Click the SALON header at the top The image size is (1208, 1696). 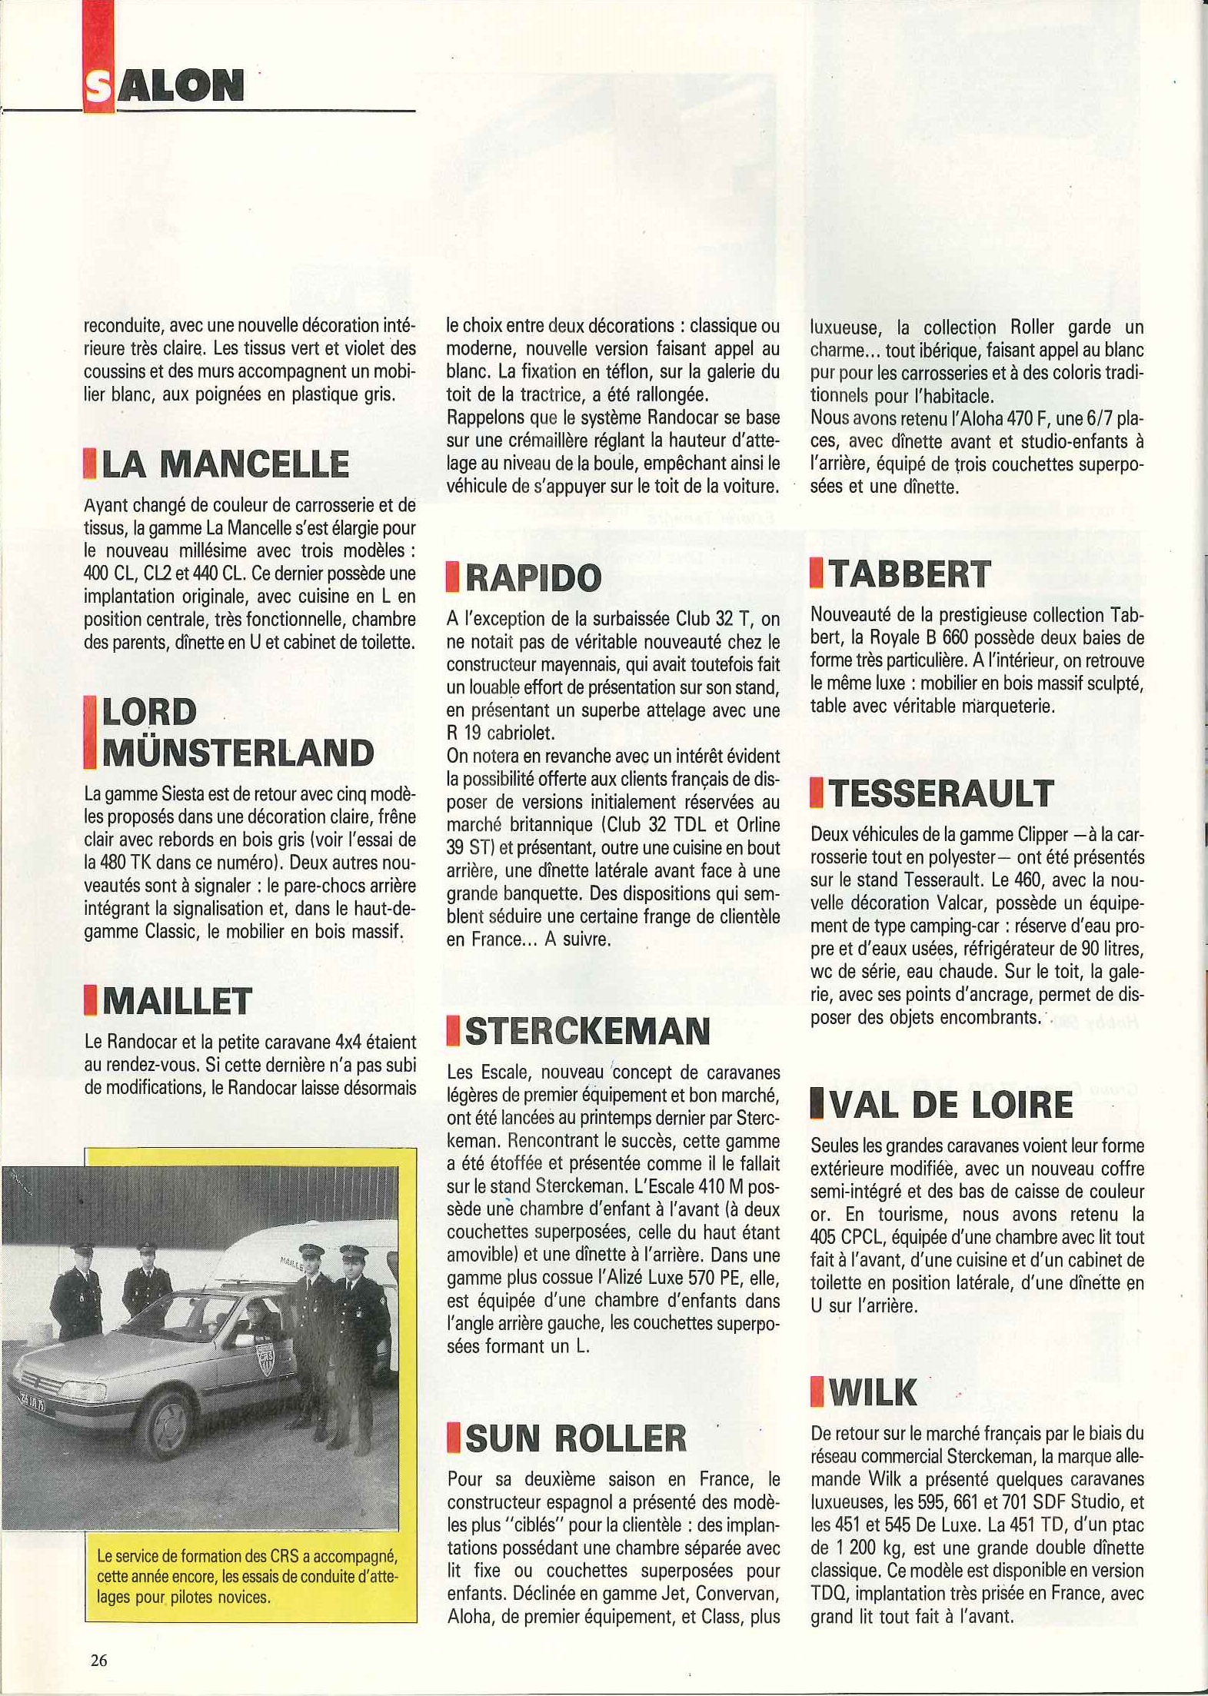pos(164,85)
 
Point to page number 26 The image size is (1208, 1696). pos(99,1660)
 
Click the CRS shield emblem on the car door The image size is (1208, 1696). pos(266,1361)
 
